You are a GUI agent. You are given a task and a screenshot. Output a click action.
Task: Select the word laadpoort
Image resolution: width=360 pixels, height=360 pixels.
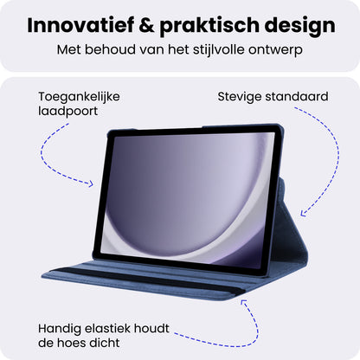coord(67,112)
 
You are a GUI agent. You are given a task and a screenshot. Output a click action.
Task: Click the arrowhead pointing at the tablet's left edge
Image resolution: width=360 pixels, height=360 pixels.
coord(90,183)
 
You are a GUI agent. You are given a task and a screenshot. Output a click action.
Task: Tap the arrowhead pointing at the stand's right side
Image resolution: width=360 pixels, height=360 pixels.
coord(303,214)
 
